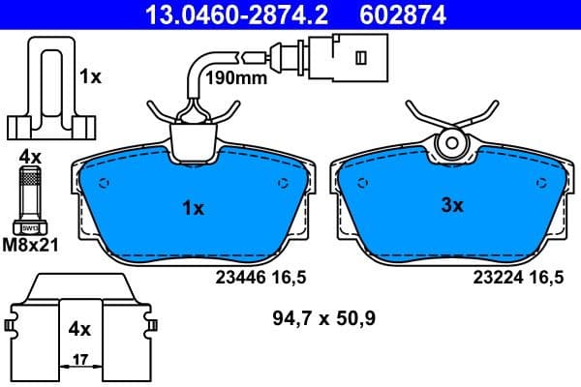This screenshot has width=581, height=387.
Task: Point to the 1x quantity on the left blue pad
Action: tap(194, 208)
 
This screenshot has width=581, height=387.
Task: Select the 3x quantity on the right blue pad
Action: tap(452, 205)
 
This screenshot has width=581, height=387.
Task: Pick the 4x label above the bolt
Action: tap(30, 155)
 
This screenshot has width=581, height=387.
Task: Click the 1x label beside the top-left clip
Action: tap(90, 76)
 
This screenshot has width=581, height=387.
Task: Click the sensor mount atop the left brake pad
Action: tap(194, 138)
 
